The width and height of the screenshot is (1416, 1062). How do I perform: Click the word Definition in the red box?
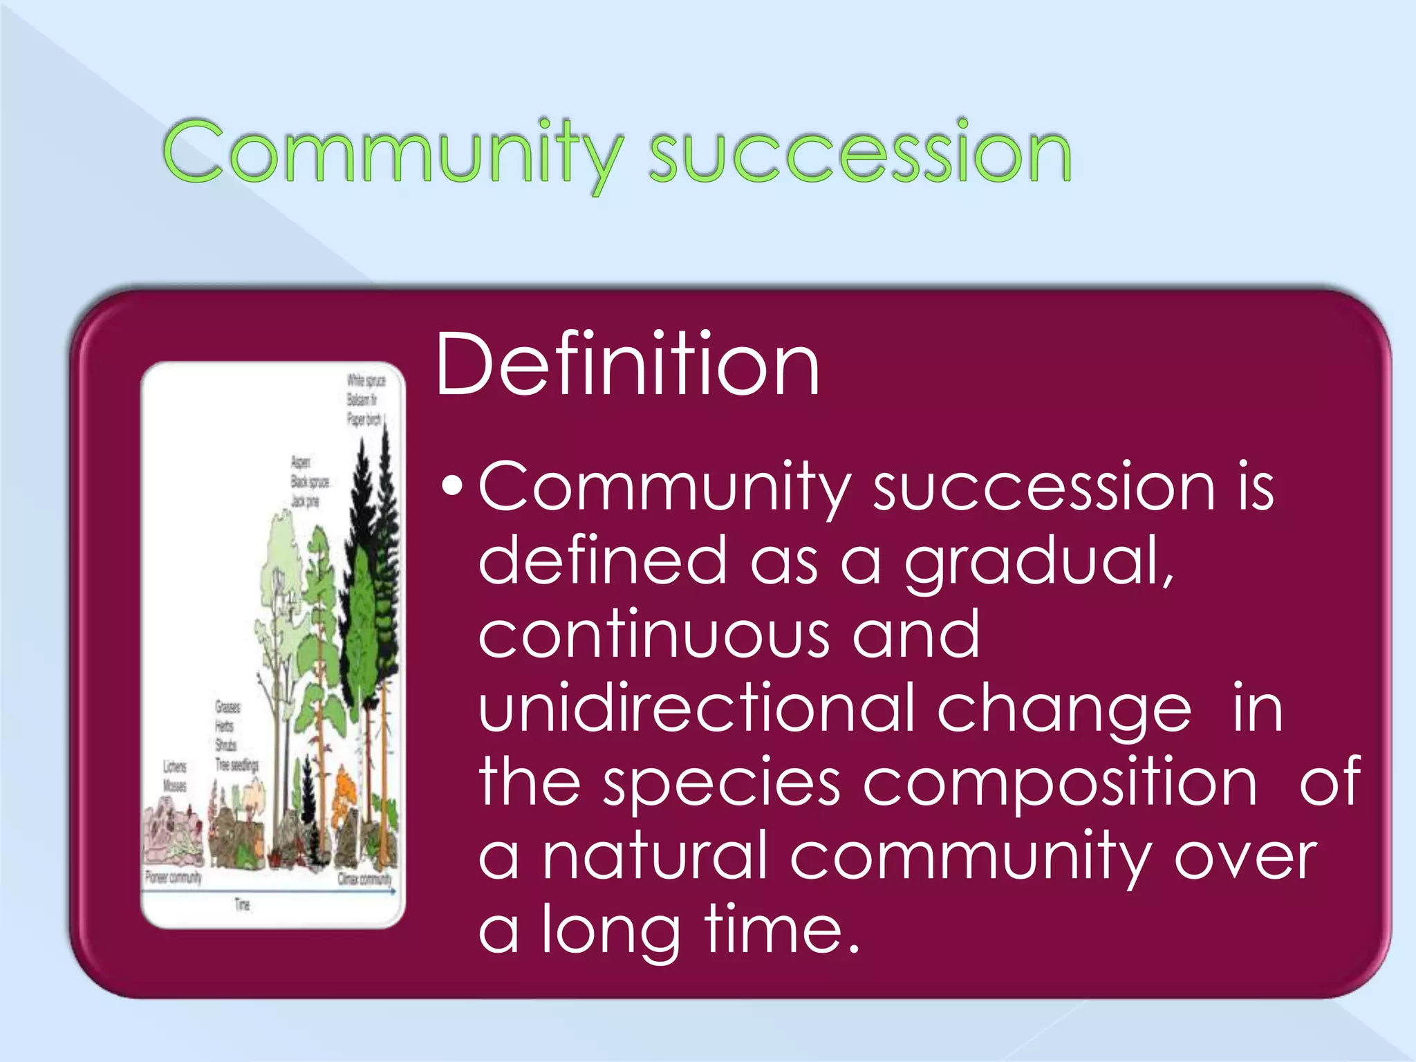pyautogui.click(x=627, y=364)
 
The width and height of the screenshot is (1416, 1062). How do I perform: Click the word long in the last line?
pyautogui.click(x=611, y=930)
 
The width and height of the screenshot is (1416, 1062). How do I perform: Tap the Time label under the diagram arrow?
pyautogui.click(x=242, y=904)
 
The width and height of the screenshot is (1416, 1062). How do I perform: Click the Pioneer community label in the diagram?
pyautogui.click(x=173, y=877)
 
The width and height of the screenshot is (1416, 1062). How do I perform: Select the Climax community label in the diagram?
pyautogui.click(x=364, y=879)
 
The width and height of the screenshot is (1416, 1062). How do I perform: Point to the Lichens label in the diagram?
pyautogui.click(x=174, y=767)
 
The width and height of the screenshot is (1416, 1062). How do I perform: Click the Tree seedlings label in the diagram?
pyautogui.click(x=236, y=765)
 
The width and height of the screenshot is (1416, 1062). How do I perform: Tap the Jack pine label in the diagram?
pyautogui.click(x=305, y=501)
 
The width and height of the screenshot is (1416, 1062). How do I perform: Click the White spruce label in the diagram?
pyautogui.click(x=366, y=380)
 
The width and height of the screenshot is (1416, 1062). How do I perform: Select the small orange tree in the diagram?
pyautogui.click(x=344, y=795)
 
